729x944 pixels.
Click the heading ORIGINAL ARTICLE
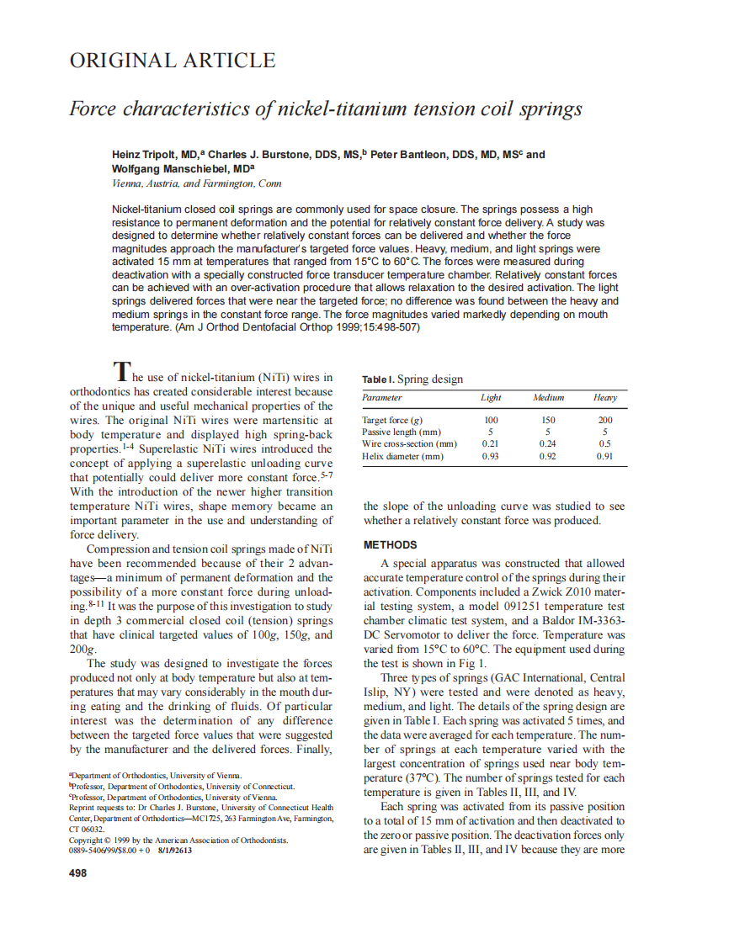pos(172,61)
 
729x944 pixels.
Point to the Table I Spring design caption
pos(412,379)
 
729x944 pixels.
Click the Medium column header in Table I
pos(548,398)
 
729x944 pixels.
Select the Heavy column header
pos(604,398)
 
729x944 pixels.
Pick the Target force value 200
pos(604,420)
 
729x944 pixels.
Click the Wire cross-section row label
pos(409,444)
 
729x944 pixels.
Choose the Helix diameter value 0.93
pos(491,457)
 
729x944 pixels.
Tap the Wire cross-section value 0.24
pos(548,444)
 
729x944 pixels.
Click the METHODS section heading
pos(390,545)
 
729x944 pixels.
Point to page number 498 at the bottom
pos(77,872)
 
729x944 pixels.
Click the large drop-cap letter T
pos(123,370)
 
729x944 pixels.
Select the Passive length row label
pos(401,432)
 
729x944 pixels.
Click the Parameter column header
pos(382,398)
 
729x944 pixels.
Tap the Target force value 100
pos(491,420)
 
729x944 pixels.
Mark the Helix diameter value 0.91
pos(604,457)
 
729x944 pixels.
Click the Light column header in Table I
pos(491,398)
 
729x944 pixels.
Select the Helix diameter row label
pos(402,457)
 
